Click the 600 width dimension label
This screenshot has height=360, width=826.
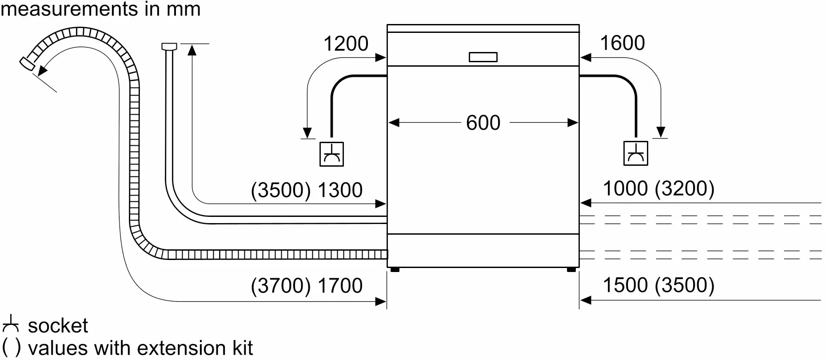(x=483, y=123)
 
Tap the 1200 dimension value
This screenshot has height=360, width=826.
(x=346, y=44)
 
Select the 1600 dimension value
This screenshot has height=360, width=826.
(x=622, y=43)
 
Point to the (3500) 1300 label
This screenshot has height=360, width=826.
(x=307, y=190)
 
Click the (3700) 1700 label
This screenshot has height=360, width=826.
(x=307, y=285)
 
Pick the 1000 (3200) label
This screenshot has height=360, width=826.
(x=658, y=188)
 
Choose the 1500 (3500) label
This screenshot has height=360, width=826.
(x=658, y=285)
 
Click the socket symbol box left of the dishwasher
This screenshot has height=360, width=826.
(x=331, y=154)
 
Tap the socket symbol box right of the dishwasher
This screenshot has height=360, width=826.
(x=635, y=153)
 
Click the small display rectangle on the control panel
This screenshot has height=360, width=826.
(x=483, y=57)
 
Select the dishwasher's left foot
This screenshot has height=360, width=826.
(x=395, y=269)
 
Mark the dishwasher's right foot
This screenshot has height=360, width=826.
(x=571, y=269)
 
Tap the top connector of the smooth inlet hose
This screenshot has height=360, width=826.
(x=169, y=46)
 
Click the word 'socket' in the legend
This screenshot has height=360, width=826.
(x=58, y=326)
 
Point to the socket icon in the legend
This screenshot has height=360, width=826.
(x=10, y=324)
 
